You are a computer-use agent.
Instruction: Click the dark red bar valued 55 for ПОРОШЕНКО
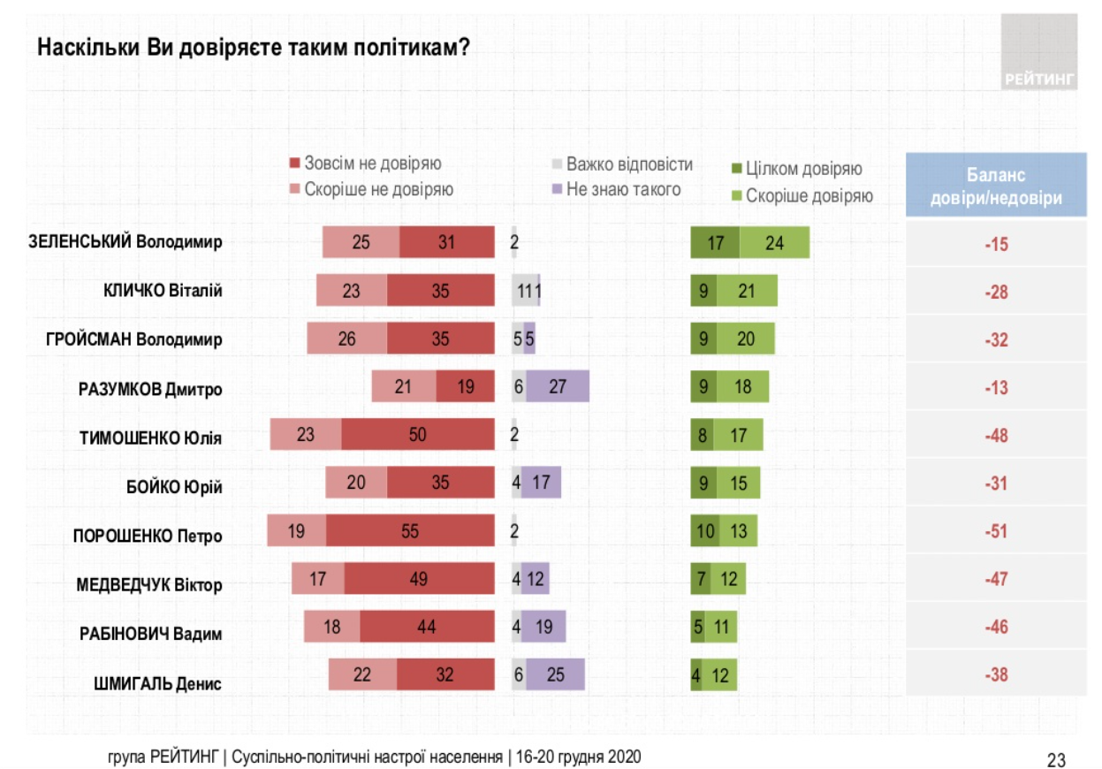[409, 531]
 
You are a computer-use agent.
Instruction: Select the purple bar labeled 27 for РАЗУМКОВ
[558, 386]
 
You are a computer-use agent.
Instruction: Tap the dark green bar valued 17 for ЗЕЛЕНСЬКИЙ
[714, 242]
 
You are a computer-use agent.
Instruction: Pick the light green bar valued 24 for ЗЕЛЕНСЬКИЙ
[774, 242]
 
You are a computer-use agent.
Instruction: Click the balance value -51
[996, 532]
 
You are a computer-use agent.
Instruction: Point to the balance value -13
[996, 387]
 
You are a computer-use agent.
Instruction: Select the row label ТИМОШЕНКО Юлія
[151, 437]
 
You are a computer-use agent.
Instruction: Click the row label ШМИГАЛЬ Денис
[157, 682]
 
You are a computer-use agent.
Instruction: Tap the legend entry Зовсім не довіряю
[371, 164]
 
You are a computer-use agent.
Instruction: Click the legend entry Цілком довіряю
[802, 169]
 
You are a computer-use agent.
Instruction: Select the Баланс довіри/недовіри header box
[996, 185]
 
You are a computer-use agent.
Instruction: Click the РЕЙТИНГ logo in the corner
[1039, 52]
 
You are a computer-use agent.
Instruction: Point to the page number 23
[1056, 759]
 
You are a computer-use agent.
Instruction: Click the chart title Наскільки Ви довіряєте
[253, 48]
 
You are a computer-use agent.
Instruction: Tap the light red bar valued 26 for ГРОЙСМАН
[346, 339]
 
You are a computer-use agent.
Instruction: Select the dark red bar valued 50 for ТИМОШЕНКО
[417, 435]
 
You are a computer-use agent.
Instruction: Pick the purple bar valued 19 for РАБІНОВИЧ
[543, 628]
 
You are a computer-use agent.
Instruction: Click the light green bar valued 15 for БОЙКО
[739, 483]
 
